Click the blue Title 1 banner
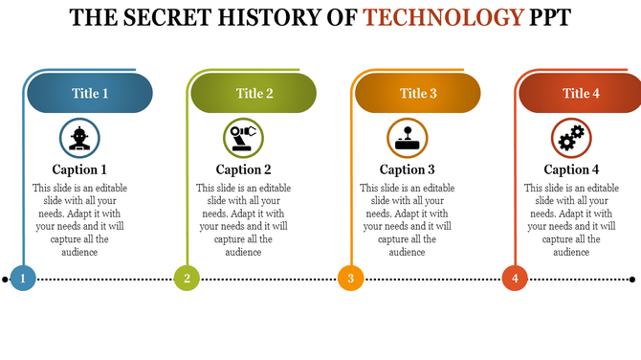(90, 93)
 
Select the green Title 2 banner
(254, 93)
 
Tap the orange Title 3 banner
(418, 93)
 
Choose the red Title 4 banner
(581, 93)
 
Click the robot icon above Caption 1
(79, 138)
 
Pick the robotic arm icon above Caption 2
(243, 138)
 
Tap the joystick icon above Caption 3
(408, 138)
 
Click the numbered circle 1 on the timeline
(23, 279)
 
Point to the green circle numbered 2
(187, 279)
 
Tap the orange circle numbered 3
(351, 279)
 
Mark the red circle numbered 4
(515, 279)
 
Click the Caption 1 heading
(79, 169)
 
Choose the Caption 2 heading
(243, 169)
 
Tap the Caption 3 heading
(408, 169)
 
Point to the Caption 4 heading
(571, 169)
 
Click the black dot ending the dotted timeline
(632, 280)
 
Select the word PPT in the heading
(549, 18)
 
